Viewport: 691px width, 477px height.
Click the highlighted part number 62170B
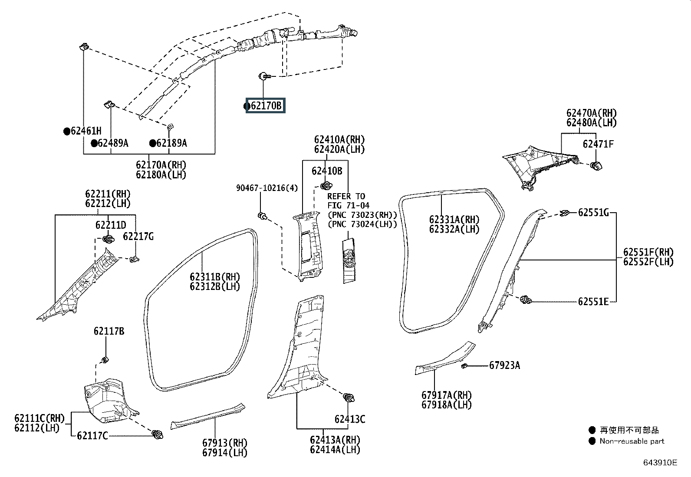266,106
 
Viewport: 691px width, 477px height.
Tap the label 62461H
86,131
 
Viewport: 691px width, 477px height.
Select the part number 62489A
113,143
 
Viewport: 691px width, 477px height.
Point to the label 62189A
171,143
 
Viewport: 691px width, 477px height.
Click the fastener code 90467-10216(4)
267,188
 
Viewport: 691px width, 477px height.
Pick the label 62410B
327,171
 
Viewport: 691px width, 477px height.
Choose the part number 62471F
598,144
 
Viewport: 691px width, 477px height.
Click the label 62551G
593,213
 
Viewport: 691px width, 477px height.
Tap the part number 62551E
593,302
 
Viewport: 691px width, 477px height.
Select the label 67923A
505,365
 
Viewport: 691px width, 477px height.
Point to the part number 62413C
350,419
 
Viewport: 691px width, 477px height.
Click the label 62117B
109,331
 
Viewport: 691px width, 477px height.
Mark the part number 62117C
92,436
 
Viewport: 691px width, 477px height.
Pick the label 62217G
138,237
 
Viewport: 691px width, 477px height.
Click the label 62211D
111,225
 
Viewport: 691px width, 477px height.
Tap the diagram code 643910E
660,463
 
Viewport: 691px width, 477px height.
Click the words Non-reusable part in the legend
632,441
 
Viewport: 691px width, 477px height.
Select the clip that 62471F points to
596,166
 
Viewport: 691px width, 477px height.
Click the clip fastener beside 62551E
526,299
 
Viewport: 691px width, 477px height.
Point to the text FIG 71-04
348,205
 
